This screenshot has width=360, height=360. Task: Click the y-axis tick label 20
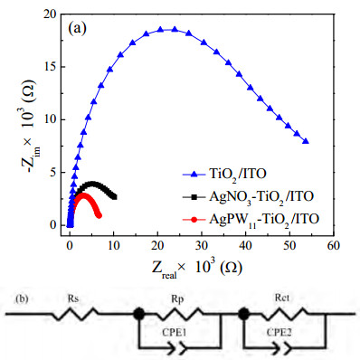51,14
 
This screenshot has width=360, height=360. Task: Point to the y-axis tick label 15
51,67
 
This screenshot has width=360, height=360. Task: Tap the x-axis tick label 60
333,246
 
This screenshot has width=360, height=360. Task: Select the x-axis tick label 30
202,246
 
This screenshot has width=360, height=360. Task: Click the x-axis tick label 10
113,246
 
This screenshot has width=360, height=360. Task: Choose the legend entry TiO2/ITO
238,175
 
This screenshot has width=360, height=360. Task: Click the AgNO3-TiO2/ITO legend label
261,197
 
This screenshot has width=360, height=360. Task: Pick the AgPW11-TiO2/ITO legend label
264,220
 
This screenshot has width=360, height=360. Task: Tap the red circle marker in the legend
194,220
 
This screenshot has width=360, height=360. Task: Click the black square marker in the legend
194,197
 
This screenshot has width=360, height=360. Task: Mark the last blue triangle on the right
306,141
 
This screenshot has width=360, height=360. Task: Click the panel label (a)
78,29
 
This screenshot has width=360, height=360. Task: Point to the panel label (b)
22,298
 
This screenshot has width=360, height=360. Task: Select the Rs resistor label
73,298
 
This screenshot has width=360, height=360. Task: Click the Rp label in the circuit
177,299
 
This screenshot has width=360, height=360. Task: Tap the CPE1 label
175,333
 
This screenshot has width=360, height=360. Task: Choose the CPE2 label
279,333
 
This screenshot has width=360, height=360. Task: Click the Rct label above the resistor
282,298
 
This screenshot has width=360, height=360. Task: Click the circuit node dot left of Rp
138,314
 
